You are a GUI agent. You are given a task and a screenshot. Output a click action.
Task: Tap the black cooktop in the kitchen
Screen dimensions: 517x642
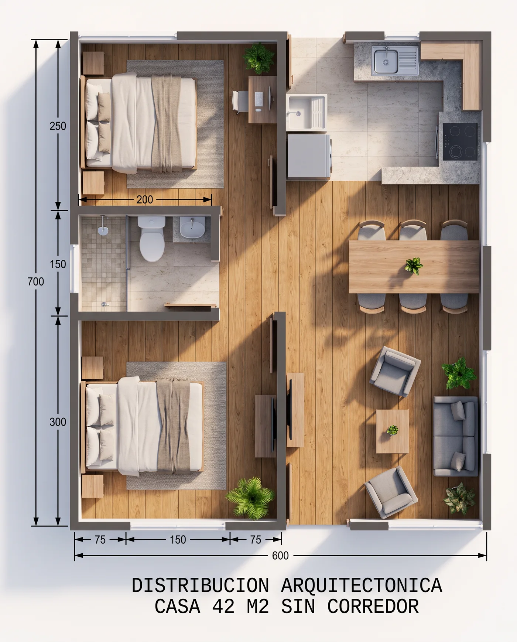pos(460,141)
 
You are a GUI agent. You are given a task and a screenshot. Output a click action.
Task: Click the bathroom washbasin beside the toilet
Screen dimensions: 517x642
pos(192,227)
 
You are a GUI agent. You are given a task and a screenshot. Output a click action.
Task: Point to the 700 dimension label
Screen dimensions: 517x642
pos(36,281)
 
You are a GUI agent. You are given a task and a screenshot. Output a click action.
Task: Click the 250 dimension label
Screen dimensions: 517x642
pos(58,126)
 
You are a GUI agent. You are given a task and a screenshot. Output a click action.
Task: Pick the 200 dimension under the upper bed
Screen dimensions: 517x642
pos(145,199)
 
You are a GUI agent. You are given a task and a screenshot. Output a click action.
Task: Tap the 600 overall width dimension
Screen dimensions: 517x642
pos(280,556)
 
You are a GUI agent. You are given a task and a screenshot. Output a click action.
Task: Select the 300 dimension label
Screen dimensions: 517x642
pos(58,422)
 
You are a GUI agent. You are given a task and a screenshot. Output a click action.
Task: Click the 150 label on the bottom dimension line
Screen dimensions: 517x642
pos(178,540)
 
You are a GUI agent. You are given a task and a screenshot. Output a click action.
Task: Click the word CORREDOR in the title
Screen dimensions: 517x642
pos(373,607)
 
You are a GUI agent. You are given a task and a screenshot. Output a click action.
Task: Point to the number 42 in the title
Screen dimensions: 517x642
pos(223,607)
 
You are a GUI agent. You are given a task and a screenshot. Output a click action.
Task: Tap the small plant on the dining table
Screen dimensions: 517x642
pos(414,266)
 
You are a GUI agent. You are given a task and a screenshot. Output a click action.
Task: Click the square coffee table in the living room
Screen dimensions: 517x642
pos(392,431)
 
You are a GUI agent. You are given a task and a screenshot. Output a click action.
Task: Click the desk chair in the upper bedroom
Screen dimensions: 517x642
pos(240,101)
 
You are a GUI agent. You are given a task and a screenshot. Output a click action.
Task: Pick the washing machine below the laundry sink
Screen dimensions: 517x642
pos(309,156)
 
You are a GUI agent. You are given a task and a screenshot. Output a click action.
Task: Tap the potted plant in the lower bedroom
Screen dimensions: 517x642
pos(251,497)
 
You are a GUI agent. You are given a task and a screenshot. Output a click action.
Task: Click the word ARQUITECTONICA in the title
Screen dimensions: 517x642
pos(362,585)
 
